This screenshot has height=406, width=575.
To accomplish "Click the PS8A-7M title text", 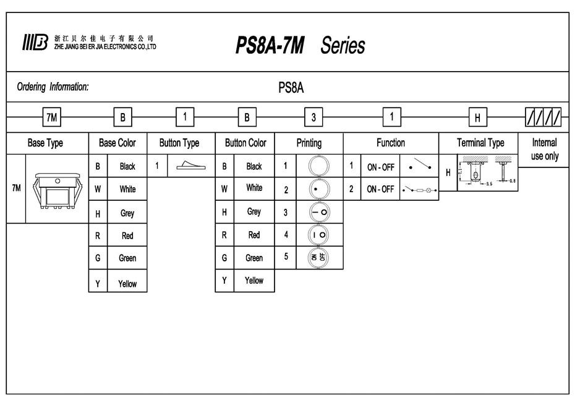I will [x=270, y=45].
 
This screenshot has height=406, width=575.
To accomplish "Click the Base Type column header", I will [x=45, y=143].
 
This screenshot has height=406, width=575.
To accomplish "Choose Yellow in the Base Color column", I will [x=127, y=284].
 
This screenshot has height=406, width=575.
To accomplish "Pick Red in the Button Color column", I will [x=254, y=235].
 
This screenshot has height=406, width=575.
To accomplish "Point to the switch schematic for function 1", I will [x=420, y=166].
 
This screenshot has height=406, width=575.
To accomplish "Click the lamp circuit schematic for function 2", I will [x=420, y=189].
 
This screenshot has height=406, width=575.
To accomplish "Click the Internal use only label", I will [x=544, y=149].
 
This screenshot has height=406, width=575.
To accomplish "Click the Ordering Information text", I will [x=53, y=87].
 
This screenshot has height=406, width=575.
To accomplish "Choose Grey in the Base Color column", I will [x=127, y=213].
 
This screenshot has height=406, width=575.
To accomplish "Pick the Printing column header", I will [x=309, y=143].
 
